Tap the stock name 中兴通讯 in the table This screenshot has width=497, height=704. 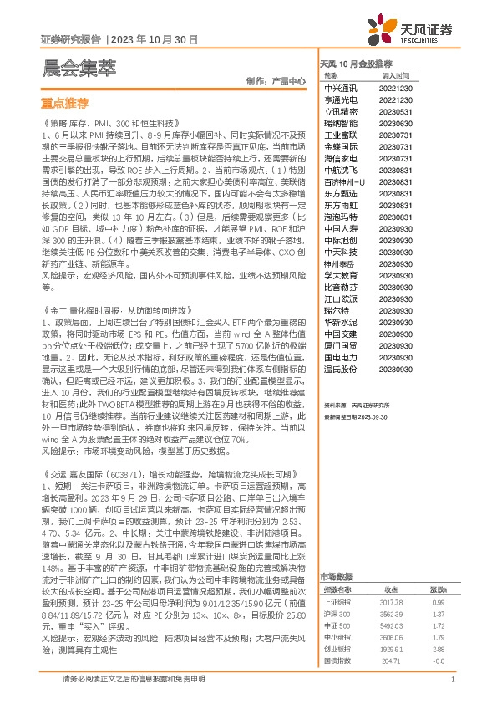340,87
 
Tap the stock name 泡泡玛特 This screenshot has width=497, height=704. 340,216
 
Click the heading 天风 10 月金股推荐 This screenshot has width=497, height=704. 356,64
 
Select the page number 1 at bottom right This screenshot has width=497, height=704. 451,680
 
